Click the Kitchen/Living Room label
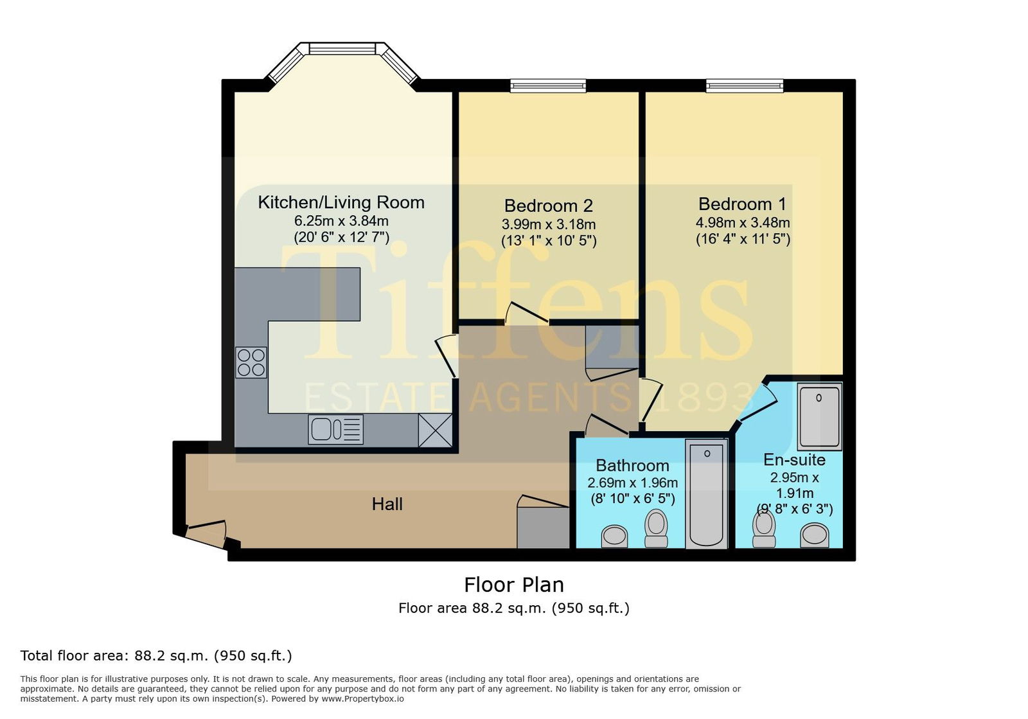coord(341,202)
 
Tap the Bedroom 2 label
coord(549,206)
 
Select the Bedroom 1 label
coord(742,204)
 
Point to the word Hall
coord(387,504)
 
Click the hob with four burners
coord(251,362)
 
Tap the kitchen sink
coord(336,429)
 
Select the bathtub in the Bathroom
coord(707,493)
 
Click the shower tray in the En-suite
coord(820,416)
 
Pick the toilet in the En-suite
coord(764,529)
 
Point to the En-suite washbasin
coord(815,535)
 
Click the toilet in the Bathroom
coord(656,528)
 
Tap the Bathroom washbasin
coord(614,537)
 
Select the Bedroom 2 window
coord(549,86)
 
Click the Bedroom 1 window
coord(745,86)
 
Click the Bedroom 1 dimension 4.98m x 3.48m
coord(743,222)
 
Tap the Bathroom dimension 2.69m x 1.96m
coord(632,483)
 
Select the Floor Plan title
coord(514,585)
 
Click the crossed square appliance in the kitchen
coord(435,430)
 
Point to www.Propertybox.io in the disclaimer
coord(362,699)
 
